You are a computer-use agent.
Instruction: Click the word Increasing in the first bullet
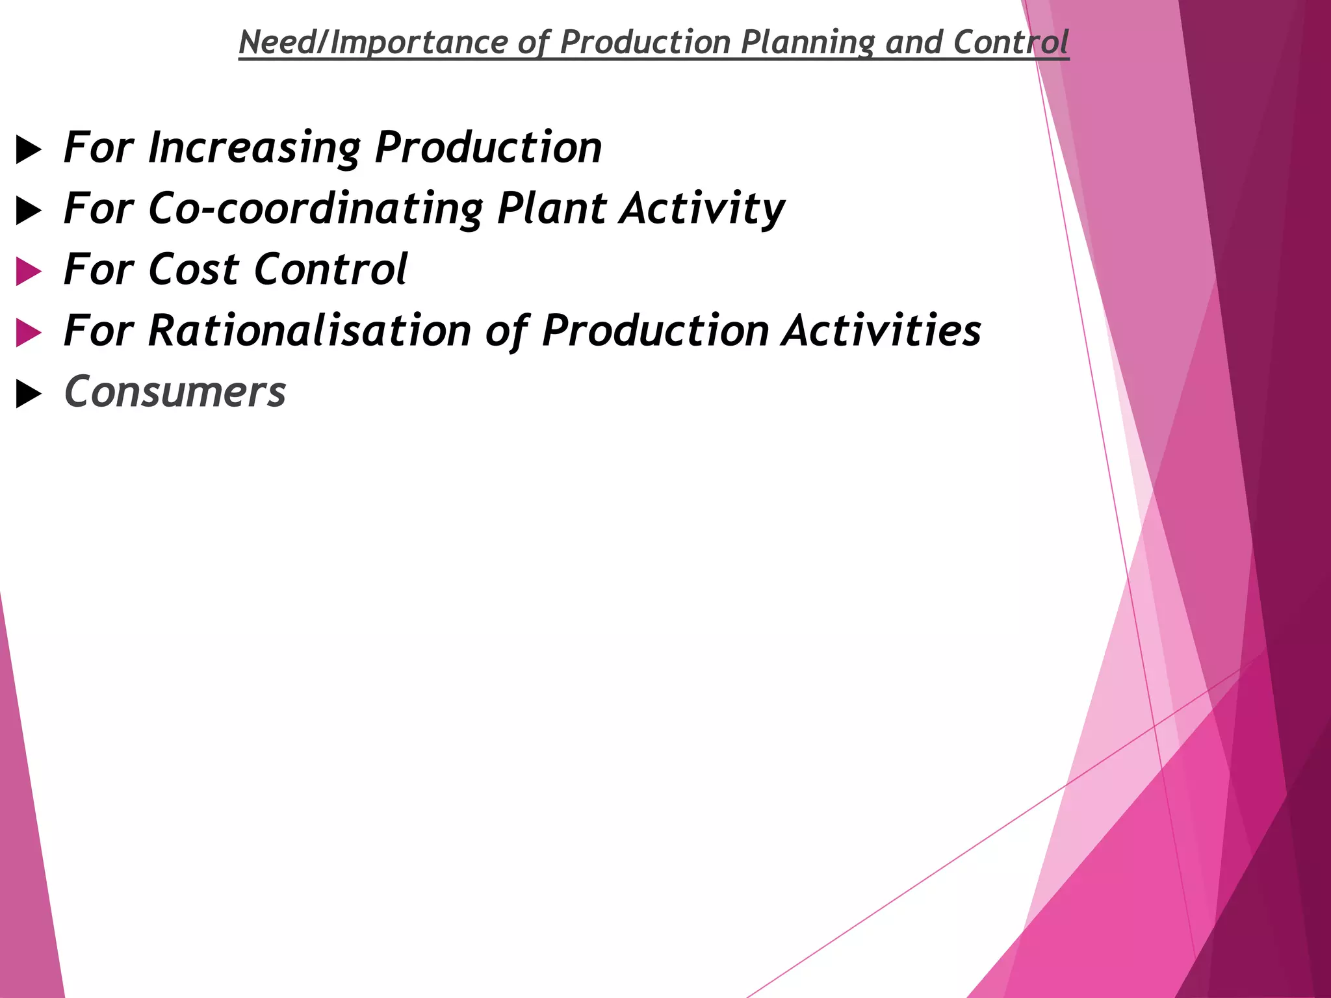click(254, 148)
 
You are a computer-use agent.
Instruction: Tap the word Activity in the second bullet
click(702, 209)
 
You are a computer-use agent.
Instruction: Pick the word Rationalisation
click(309, 331)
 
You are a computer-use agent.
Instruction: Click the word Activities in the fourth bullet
click(881, 331)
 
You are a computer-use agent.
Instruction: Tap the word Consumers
click(175, 392)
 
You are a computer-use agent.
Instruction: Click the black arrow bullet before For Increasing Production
click(29, 150)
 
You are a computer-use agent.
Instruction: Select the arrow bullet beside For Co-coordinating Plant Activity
click(29, 211)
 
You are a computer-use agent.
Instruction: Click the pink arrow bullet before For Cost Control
click(29, 272)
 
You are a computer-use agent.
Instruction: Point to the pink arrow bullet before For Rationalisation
click(29, 333)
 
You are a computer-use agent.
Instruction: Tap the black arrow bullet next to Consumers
click(29, 394)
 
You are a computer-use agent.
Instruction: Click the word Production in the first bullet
click(489, 148)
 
